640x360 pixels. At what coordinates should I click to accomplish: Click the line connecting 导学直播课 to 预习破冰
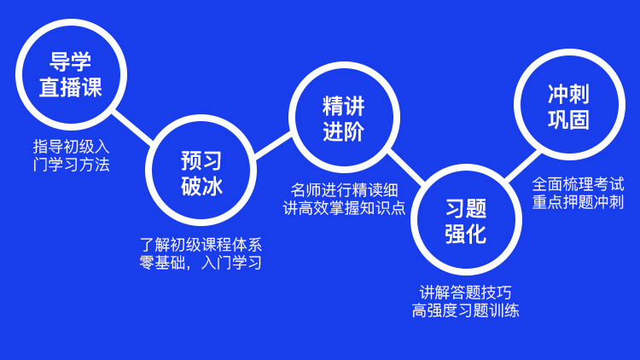pyautogui.click(x=132, y=126)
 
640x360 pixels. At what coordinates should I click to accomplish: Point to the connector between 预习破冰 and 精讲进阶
pyautogui.click(x=273, y=145)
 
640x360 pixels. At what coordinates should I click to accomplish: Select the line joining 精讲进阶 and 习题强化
pyautogui.click(x=405, y=167)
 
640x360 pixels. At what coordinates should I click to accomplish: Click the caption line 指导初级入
pyautogui.click(x=72, y=147)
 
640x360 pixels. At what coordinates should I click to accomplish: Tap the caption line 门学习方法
pyautogui.click(x=72, y=165)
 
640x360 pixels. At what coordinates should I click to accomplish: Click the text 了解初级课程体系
pyautogui.click(x=201, y=245)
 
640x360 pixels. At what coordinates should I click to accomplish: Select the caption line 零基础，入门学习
pyautogui.click(x=201, y=263)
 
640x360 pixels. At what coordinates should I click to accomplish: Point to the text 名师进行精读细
pyautogui.click(x=344, y=190)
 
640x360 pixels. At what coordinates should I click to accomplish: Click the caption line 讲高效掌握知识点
pyautogui.click(x=344, y=208)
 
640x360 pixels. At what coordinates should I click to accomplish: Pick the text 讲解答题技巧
pyautogui.click(x=465, y=293)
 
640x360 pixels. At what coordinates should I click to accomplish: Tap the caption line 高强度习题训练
pyautogui.click(x=465, y=311)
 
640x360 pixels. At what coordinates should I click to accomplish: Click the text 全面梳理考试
pyautogui.click(x=578, y=184)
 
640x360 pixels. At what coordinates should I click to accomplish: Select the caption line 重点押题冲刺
pyautogui.click(x=578, y=202)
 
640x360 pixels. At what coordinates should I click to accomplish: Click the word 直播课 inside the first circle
pyautogui.click(x=71, y=87)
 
